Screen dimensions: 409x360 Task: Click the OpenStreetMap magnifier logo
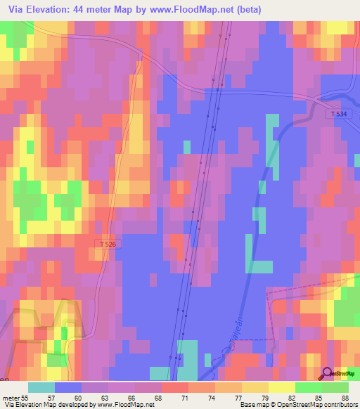[x=328, y=374]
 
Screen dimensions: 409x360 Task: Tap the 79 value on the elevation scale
[x=247, y=397]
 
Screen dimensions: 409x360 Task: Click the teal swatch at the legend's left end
[x=41, y=387]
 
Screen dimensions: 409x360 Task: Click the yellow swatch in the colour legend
[x=268, y=387]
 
